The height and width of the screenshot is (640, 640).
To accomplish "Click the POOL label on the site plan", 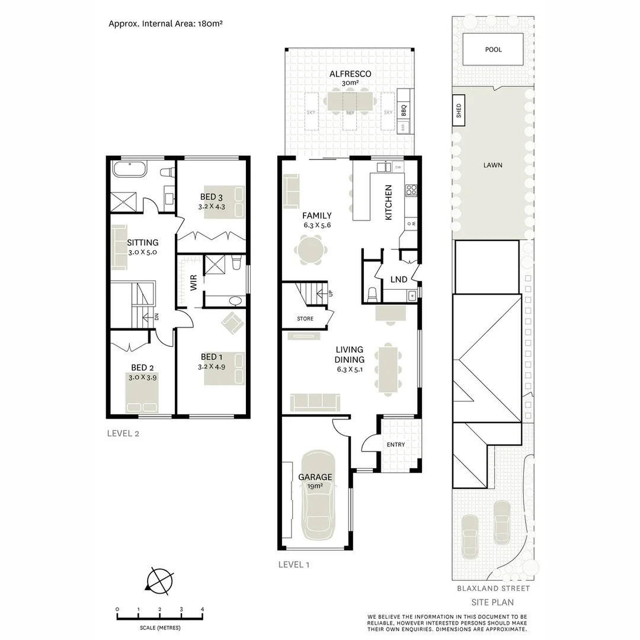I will pos(493,50).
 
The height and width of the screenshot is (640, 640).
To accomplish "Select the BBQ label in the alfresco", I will pos(404,110).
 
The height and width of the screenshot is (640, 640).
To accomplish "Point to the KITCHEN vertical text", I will pos(389,203).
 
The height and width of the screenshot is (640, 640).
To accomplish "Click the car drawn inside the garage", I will pos(320,495).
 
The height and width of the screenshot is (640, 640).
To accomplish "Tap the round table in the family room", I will pos(311,250).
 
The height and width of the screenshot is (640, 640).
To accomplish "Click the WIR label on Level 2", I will pos(193,284).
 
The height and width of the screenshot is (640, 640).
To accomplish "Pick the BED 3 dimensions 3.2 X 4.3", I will pos(212,207).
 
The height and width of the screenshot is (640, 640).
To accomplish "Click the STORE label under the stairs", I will pos(305,319).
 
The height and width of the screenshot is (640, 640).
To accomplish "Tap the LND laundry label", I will pos(398,280).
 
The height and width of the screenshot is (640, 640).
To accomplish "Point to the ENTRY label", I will pos(396,444).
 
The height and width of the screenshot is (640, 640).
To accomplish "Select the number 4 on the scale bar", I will pos(203,609).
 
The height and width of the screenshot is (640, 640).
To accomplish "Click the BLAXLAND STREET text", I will pos(493,588).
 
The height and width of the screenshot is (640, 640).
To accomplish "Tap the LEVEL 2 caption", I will pos(123,433).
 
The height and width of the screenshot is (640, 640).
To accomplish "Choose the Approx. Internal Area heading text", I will pos(165,24).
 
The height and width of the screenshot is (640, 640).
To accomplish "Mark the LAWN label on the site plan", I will pos(492,165).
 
